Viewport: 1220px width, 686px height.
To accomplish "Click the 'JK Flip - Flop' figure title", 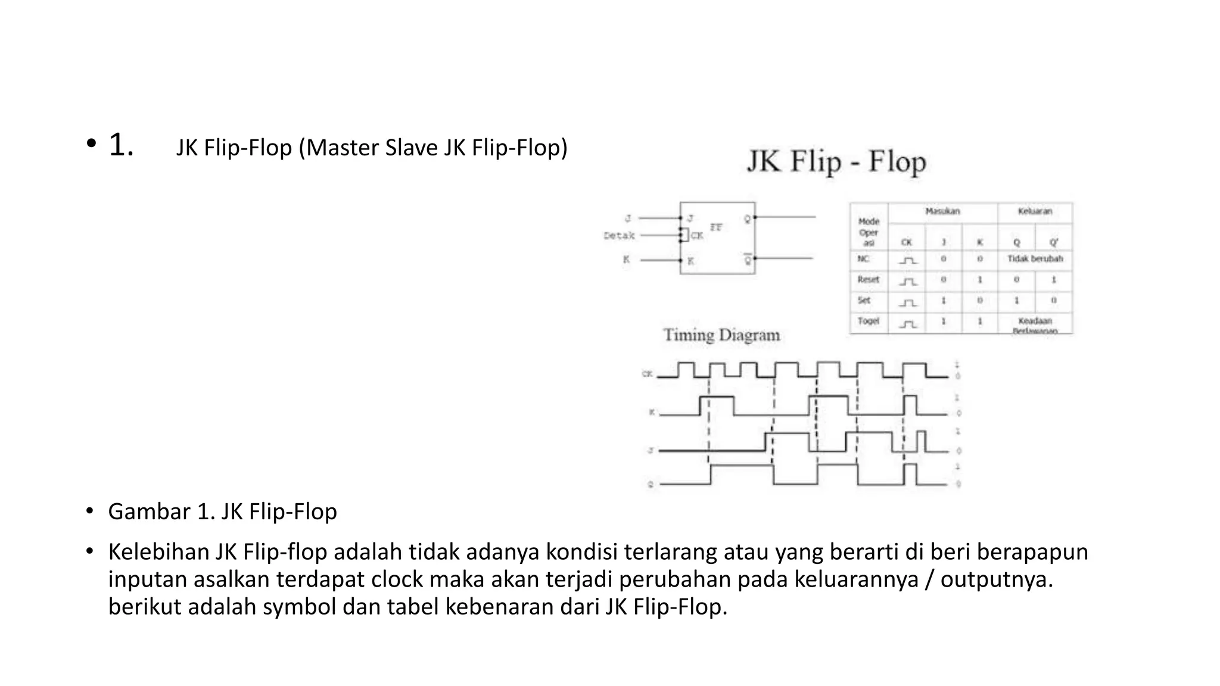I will [836, 162].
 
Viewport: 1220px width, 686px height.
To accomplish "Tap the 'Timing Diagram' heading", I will [721, 335].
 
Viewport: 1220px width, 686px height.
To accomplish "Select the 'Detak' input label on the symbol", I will [619, 236].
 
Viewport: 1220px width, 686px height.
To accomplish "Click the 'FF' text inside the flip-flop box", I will [716, 227].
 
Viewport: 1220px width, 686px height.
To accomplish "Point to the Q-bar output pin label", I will [748, 260].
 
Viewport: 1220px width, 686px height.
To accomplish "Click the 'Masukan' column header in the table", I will [942, 211].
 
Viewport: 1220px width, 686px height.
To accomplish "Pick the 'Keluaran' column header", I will [1035, 211].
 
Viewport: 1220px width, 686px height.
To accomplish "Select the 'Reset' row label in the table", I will [868, 279].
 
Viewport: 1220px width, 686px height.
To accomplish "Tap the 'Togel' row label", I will [868, 321].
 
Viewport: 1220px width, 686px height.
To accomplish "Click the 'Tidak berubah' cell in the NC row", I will [1035, 259].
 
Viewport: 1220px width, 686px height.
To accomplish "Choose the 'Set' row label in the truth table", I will [864, 300].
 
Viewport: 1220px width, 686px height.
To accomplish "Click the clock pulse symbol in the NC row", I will [907, 260].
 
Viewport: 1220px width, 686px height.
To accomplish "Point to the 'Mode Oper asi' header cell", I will [869, 232].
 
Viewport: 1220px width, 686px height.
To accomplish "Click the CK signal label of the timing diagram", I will [647, 374].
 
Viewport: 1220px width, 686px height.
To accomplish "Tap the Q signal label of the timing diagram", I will [651, 484].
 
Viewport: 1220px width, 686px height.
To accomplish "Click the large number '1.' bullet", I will [121, 145].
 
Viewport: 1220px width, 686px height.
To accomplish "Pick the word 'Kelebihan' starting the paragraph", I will [158, 552].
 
